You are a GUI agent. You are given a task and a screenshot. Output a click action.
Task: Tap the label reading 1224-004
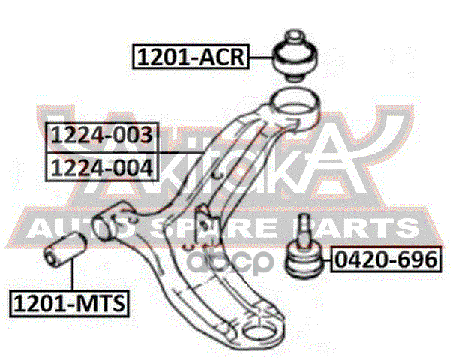click(101, 165)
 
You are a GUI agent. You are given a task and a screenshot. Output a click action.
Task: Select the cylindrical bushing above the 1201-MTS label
click(65, 249)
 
